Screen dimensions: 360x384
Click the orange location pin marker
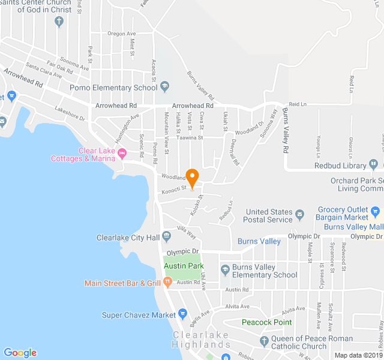click(192, 178)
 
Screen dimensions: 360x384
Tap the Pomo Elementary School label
click(113, 88)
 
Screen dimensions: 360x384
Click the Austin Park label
click(184, 266)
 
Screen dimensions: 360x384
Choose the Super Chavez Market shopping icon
click(183, 314)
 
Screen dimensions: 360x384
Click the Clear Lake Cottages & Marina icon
click(122, 154)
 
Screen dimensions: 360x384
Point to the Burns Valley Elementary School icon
click(225, 271)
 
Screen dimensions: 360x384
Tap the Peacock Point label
click(266, 322)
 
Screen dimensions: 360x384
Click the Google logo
click(20, 353)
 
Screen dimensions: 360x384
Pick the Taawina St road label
click(190, 137)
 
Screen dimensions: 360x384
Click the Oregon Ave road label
click(122, 34)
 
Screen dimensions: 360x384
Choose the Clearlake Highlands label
click(201, 340)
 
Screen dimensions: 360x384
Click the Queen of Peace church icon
click(264, 341)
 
